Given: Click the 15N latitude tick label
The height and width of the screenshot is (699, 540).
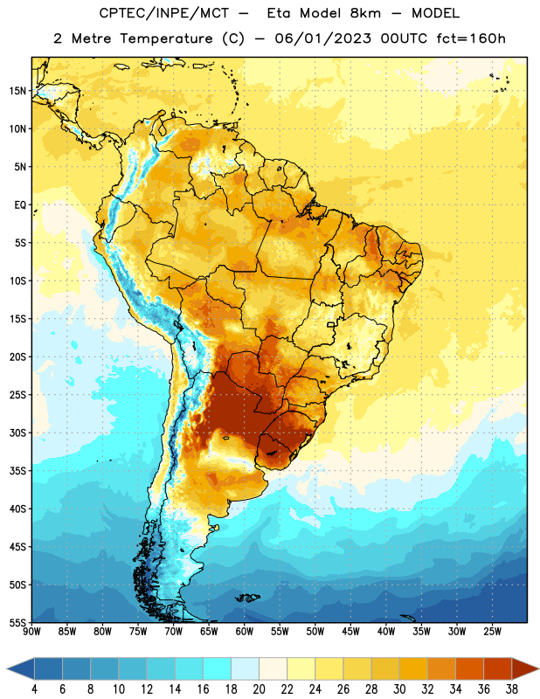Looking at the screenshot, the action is [x=17, y=91].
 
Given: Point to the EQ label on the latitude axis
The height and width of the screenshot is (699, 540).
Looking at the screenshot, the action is [x=20, y=205].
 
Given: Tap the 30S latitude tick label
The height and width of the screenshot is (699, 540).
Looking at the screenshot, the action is [x=17, y=433].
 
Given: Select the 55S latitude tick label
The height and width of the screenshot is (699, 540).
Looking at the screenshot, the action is [x=17, y=622].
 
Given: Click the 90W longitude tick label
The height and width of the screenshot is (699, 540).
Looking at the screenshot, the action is [x=31, y=632].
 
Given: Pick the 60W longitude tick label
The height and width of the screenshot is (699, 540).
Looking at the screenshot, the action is [x=245, y=632].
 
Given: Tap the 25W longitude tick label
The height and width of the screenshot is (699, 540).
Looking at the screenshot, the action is [x=492, y=632].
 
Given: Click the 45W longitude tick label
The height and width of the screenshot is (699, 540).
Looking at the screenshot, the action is [x=350, y=632].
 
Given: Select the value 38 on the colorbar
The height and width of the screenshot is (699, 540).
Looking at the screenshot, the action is [x=512, y=689].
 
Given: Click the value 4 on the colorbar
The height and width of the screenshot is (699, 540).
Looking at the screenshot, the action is [x=34, y=689].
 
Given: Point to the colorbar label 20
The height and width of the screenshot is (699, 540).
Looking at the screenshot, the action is [x=259, y=689].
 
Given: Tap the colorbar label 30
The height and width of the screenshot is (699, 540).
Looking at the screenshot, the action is [x=399, y=689].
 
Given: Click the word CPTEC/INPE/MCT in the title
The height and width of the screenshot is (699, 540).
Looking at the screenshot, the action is [x=164, y=13].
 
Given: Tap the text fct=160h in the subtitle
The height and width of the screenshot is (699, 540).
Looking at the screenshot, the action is [x=471, y=38].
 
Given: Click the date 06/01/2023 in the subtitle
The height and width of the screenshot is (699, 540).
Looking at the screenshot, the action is [x=322, y=38].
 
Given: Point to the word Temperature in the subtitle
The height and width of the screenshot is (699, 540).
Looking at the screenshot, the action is [x=166, y=38].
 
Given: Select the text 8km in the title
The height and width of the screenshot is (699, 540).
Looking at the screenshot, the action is [x=365, y=13].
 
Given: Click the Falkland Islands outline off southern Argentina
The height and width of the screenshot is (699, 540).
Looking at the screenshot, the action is [x=247, y=598].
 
